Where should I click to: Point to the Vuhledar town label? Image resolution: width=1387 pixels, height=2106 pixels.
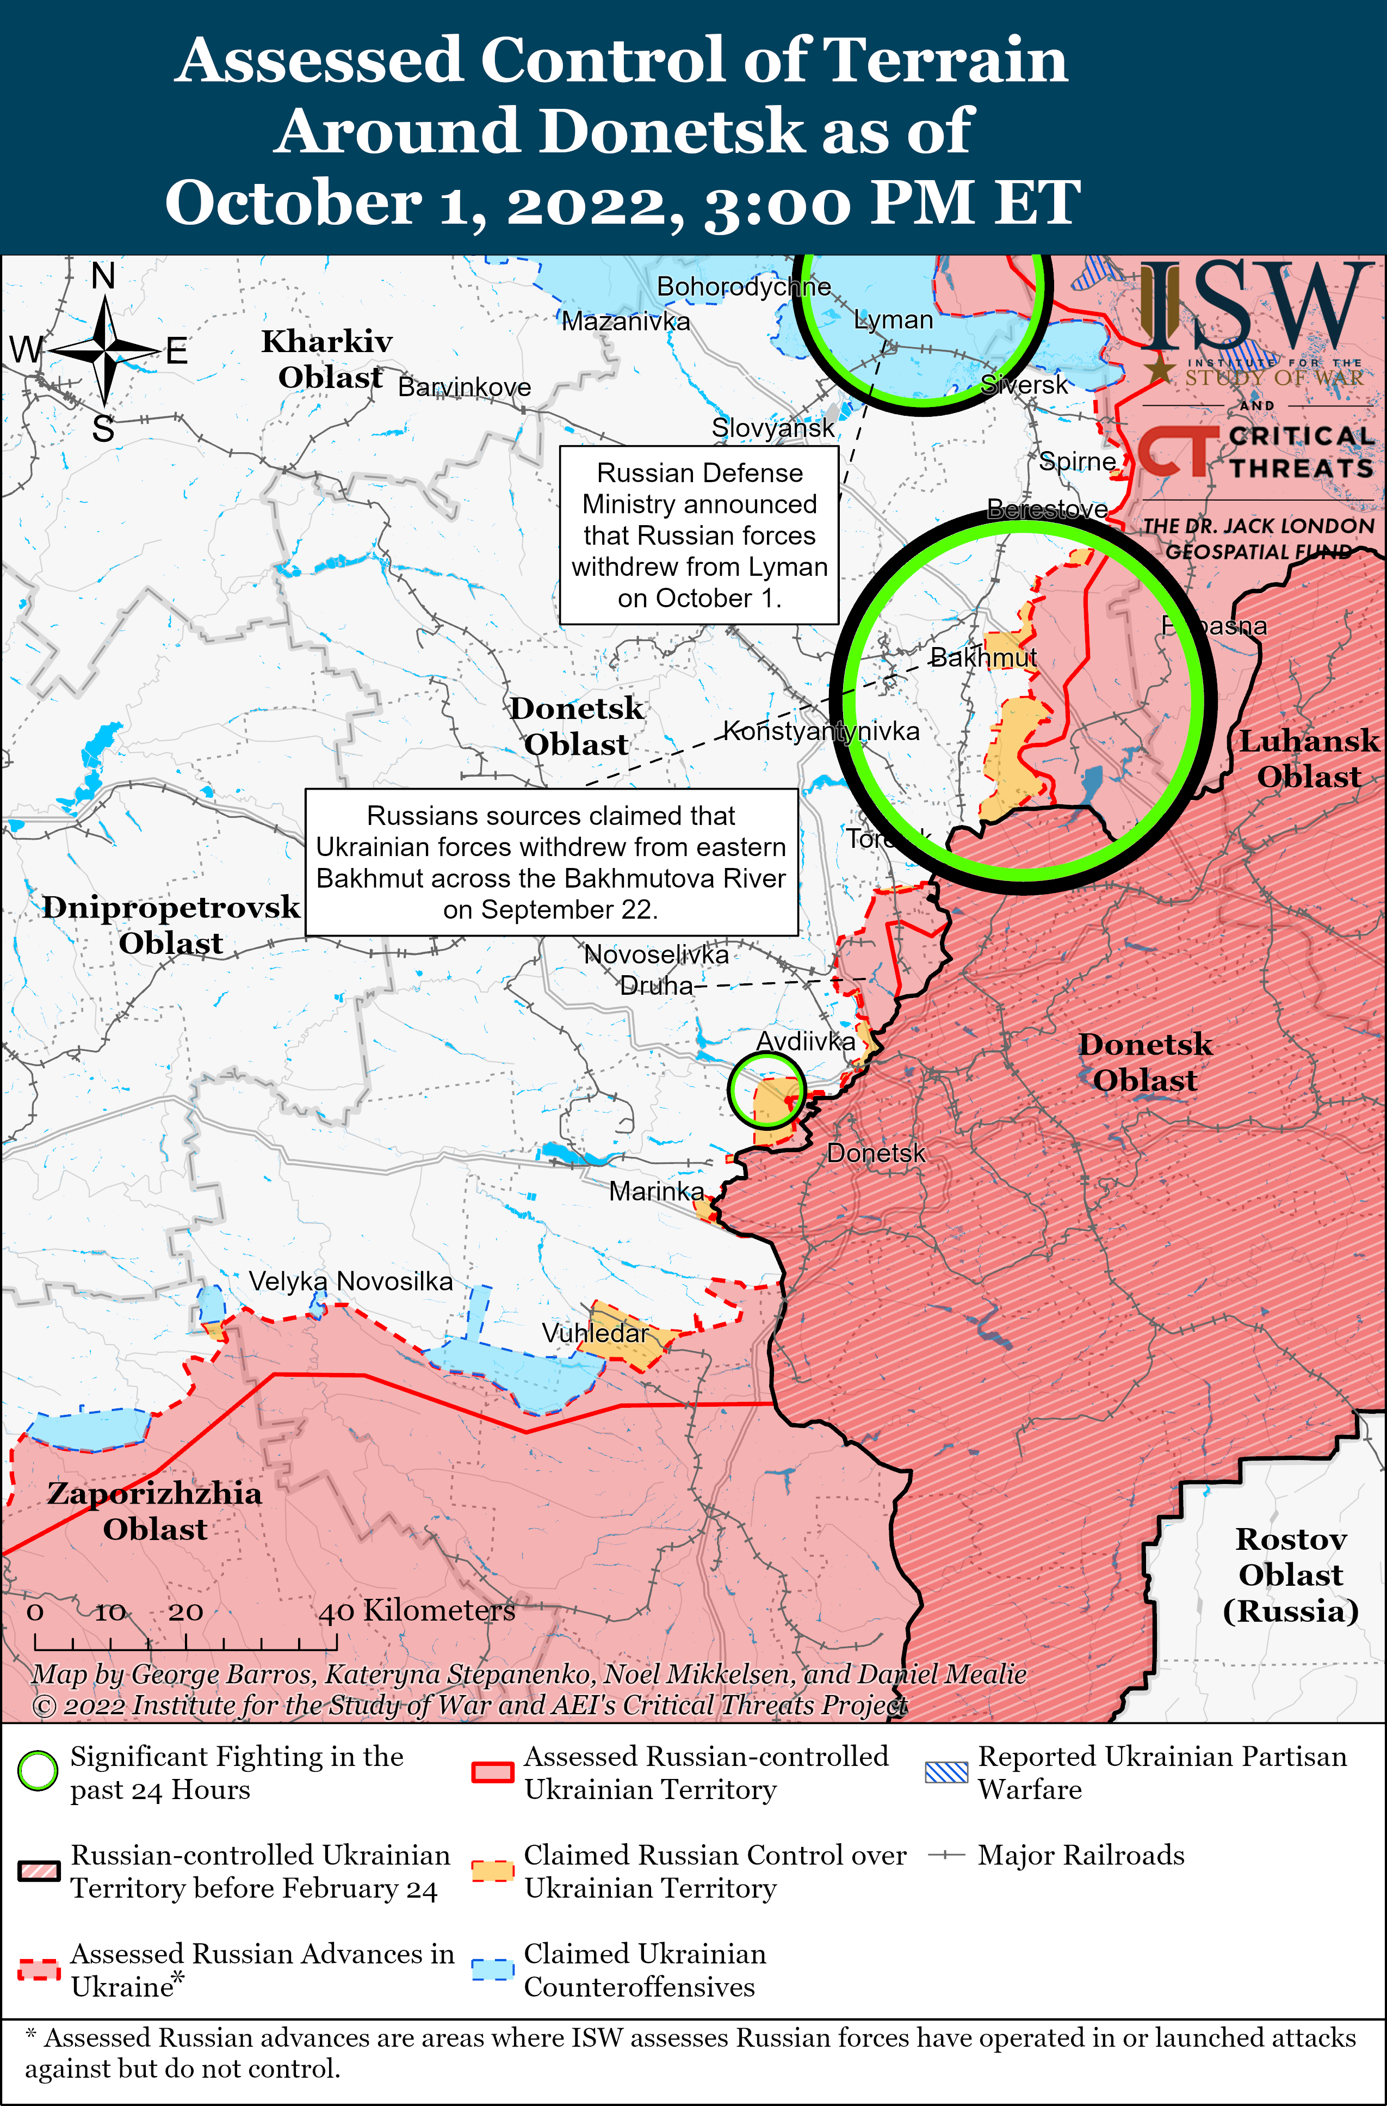(595, 1333)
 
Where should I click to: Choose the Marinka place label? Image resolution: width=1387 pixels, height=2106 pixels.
(657, 1191)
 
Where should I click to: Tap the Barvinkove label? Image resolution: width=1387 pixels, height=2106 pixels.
(465, 387)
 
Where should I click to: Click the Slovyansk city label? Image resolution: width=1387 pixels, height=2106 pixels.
(773, 428)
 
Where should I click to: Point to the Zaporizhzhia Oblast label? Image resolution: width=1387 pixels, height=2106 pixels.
(155, 1511)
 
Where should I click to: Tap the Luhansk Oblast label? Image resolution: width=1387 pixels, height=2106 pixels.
(1308, 759)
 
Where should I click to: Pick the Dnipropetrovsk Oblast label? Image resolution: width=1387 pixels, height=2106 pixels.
(171, 925)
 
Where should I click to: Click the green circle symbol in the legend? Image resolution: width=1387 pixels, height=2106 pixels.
(38, 1771)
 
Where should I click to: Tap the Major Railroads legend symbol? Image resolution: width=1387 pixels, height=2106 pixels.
(945, 1855)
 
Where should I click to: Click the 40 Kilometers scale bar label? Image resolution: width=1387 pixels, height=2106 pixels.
(417, 1610)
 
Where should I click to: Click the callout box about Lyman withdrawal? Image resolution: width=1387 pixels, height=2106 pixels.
(699, 535)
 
